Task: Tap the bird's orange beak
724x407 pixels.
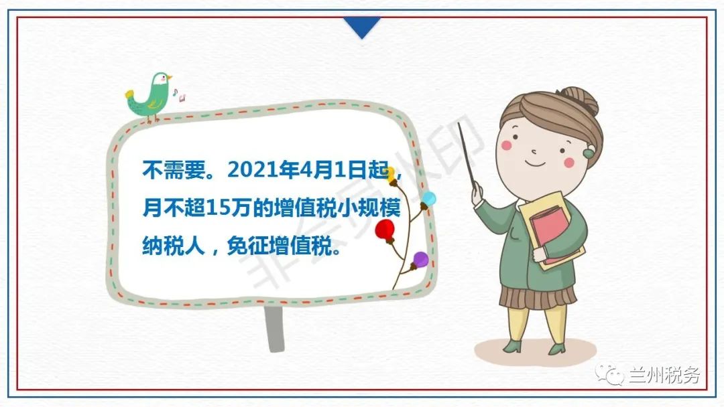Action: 170,78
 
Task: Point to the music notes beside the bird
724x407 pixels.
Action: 179,95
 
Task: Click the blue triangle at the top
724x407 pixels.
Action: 362,27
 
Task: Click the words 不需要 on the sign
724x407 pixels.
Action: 173,170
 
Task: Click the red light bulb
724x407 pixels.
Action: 385,230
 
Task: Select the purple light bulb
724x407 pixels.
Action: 420,260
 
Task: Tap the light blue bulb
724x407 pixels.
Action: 428,199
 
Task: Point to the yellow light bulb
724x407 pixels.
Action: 391,175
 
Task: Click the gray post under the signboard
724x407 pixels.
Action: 274,329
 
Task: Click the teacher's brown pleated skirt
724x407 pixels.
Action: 538,297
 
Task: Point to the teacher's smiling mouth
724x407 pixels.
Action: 535,163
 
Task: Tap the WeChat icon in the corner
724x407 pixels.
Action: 609,374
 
